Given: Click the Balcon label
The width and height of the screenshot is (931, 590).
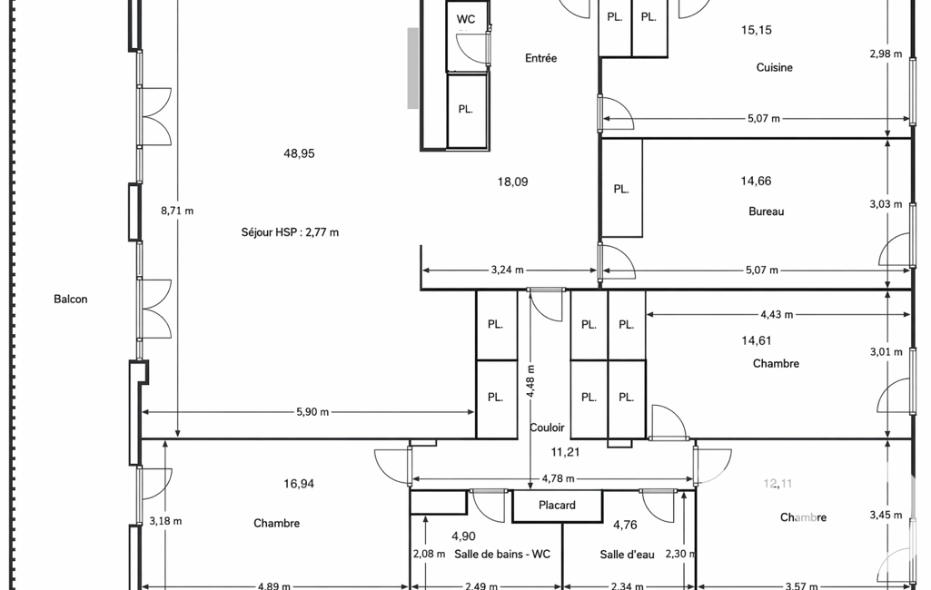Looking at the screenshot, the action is pos(71,300).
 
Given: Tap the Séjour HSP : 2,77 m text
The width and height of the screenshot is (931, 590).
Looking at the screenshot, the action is pos(290,232).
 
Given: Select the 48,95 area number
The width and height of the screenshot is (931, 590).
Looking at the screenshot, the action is pos(299,153).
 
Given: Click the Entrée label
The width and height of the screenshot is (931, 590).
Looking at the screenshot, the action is pos(541,58).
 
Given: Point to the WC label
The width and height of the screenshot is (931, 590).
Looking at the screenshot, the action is pos(466,20).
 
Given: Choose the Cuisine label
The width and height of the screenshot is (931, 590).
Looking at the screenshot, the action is pos(774,68).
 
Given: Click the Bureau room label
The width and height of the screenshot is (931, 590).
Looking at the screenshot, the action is pos(767,211).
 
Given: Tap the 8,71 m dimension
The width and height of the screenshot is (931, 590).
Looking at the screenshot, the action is pos(177,211).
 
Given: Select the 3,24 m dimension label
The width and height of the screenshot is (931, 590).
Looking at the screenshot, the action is pos(507,270).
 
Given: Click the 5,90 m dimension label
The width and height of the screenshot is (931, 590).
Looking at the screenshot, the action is pos(312,412).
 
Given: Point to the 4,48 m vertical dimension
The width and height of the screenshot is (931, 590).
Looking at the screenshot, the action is pos(530,381).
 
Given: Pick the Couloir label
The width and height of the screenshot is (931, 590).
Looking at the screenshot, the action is pos(547,428).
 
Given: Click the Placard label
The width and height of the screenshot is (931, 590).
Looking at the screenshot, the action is pos(557,505).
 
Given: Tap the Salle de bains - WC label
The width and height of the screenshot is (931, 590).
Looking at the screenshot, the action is pos(502,555).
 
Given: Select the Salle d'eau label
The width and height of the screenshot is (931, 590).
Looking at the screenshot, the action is pos(627,555).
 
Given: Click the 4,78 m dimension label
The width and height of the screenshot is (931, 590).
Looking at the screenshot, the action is pos(558,478).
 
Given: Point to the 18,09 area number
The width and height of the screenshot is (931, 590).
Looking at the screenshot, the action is pos(512,182).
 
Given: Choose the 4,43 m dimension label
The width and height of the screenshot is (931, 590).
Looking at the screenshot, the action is pos(776,315).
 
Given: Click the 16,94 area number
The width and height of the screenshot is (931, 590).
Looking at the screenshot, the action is pos(299,484).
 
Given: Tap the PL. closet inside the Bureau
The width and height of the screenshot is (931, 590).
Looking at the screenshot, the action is pos(621,190).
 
